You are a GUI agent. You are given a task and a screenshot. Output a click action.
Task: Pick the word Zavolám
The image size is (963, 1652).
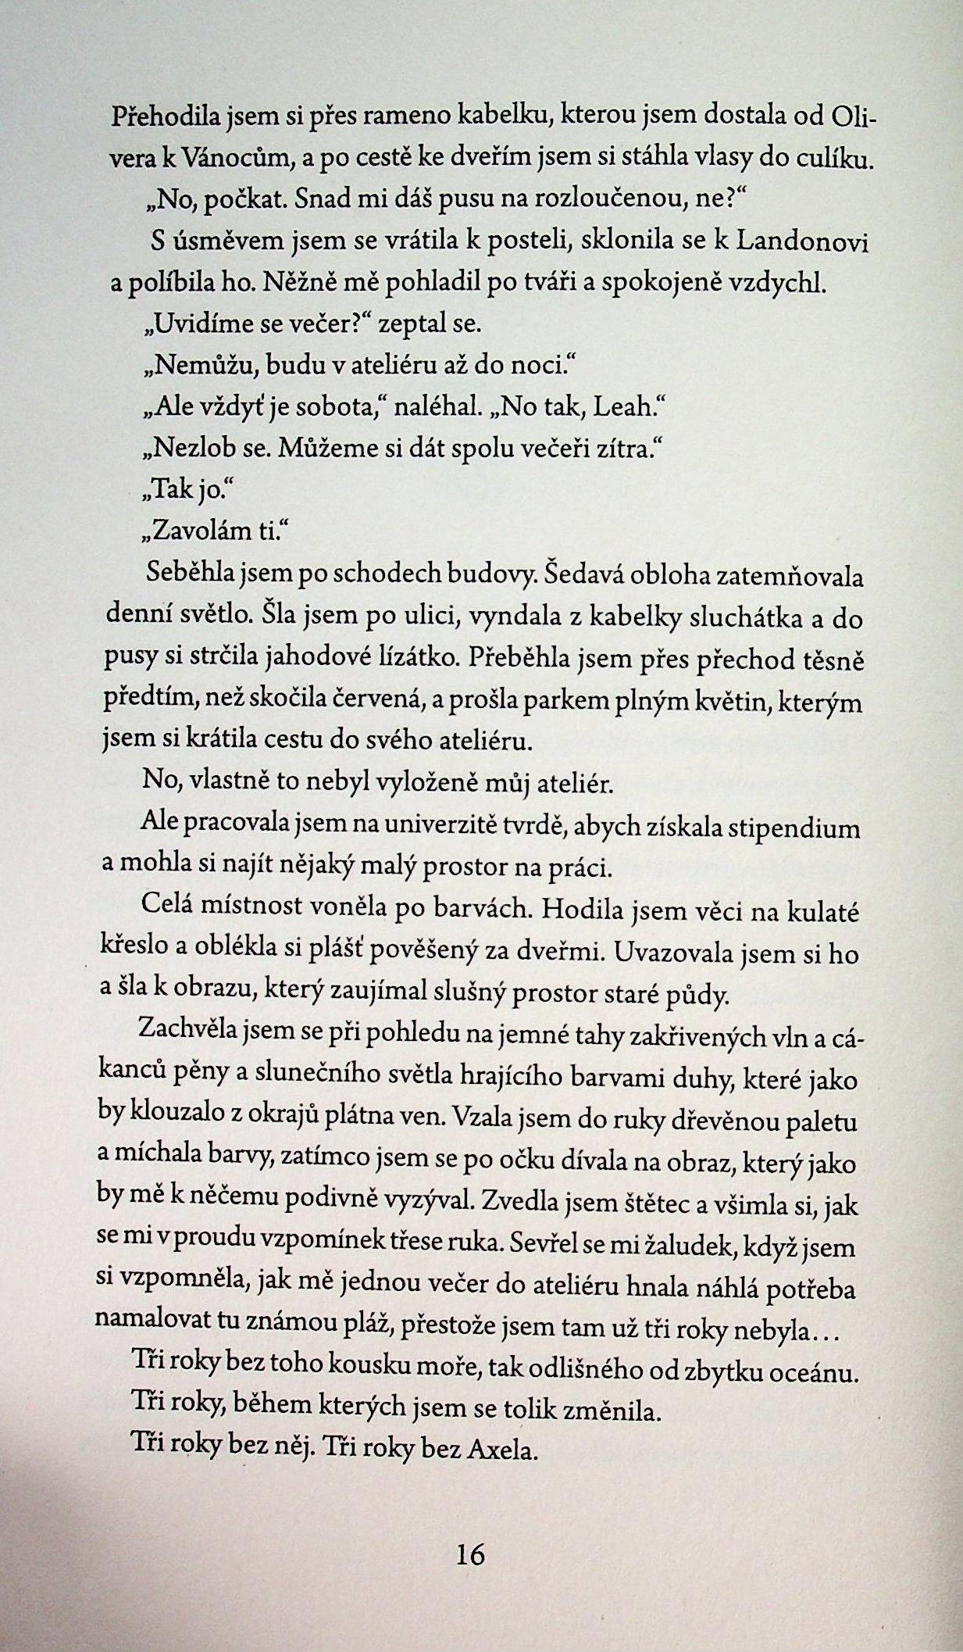195,532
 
